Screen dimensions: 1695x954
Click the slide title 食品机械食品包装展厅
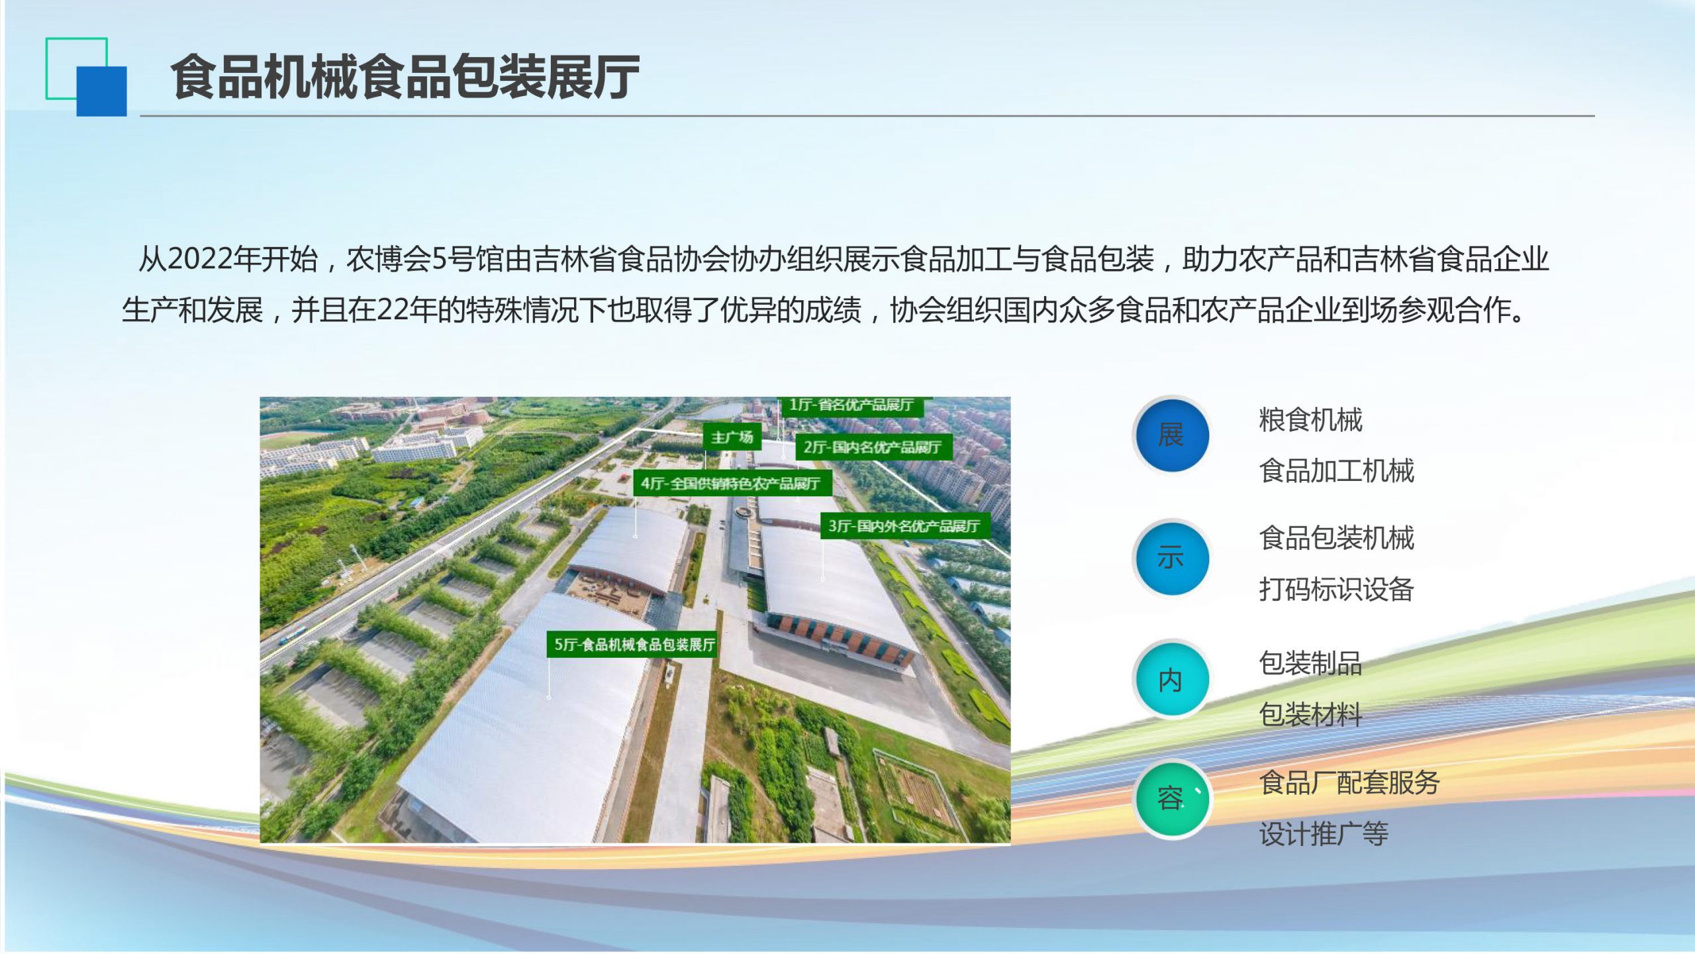coord(405,77)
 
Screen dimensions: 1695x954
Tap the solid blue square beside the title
coord(101,91)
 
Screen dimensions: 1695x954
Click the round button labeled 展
coord(1171,435)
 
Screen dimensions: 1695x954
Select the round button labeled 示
coord(1171,558)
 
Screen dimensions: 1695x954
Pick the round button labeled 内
coord(1171,680)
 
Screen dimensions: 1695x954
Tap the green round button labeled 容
coord(1171,798)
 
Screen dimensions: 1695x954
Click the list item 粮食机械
coord(1311,420)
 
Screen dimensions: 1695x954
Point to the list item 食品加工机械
coord(1337,471)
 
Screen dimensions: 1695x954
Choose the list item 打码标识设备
coord(1337,589)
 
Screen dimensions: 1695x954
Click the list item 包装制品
coord(1311,663)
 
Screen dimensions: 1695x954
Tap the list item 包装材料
coord(1311,714)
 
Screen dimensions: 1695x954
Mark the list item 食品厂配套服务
coord(1349,782)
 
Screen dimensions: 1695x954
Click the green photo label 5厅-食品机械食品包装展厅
coord(633,645)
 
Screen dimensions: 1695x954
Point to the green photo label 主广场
coord(732,437)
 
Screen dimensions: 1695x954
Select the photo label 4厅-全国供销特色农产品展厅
coord(731,484)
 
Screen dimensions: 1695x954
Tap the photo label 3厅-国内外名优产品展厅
coord(904,526)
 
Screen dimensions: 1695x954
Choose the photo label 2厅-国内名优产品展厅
coord(872,447)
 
